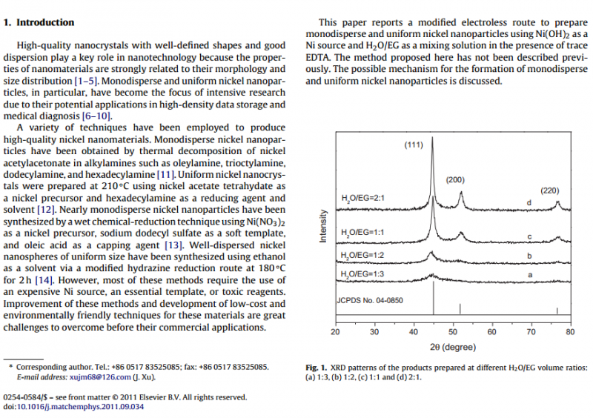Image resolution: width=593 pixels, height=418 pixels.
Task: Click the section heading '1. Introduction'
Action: point(39,23)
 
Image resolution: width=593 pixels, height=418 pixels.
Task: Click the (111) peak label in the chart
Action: point(414,145)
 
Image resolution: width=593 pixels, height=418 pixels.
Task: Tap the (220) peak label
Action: point(549,190)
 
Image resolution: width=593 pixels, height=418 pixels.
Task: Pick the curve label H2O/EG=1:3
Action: point(362,274)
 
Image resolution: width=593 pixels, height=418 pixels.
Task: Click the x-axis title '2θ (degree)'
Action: point(452,347)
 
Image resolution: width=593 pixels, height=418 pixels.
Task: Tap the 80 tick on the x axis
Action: point(569,331)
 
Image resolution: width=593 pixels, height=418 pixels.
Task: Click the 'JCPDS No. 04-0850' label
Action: point(371,300)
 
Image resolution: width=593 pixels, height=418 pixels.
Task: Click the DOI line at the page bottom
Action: point(74,407)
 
